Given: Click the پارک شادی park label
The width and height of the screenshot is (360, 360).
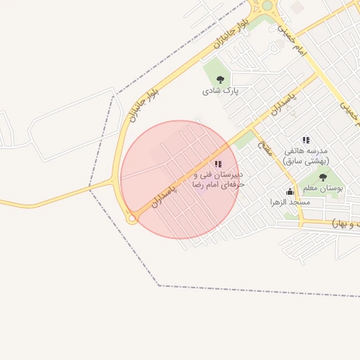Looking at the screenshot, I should pos(221,91).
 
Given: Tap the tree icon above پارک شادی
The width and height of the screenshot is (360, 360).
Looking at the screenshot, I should pos(221,80).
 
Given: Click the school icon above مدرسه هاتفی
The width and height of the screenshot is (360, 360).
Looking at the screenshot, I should pos(305,141).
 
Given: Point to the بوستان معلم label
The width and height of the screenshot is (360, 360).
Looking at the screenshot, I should pos(324,188).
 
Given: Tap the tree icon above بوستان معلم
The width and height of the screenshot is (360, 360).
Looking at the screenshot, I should pos(323,177).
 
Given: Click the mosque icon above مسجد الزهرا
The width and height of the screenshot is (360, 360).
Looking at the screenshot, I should pos(290,192).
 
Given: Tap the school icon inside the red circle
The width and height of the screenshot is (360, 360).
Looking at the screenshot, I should pos(217,164).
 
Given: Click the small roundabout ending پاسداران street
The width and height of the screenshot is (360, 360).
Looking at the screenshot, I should pos(131,219).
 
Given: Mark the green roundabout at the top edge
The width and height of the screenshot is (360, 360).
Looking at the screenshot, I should pos(267,6).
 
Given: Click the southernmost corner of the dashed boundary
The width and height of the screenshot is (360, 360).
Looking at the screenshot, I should pos(159,285).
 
